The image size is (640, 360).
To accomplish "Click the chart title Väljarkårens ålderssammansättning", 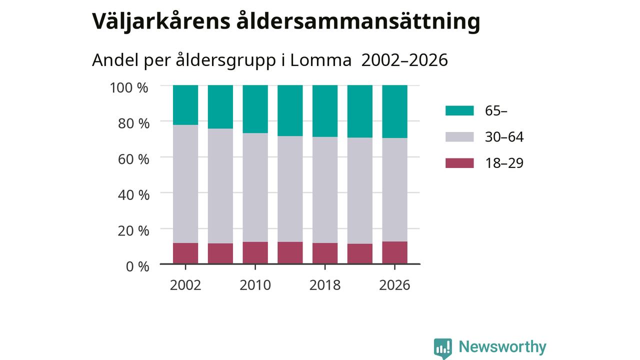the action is (286, 21).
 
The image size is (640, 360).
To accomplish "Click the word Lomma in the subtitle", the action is (320, 60).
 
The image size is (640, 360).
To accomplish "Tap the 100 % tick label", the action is (129, 87).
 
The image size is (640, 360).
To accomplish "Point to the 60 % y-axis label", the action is (133, 159).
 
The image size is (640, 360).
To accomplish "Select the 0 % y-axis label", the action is (137, 266).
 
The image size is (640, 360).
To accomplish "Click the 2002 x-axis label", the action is (185, 285).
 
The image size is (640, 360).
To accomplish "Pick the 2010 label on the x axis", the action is (255, 285).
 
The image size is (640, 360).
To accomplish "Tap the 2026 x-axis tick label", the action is (394, 285).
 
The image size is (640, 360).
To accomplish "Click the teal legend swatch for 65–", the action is (459, 110).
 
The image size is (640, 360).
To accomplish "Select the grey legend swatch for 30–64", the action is (459, 137).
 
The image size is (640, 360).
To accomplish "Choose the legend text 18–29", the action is (504, 163).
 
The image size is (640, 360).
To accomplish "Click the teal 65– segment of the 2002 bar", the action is (185, 105).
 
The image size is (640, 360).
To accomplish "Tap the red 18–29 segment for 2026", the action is (394, 252).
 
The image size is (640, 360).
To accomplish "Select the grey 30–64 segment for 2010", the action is (255, 187).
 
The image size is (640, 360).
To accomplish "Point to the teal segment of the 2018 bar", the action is (325, 111).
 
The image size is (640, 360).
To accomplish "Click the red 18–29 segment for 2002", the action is (185, 253).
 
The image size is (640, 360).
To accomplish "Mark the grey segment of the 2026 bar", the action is (394, 190).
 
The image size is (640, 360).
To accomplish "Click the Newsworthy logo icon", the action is (443, 348).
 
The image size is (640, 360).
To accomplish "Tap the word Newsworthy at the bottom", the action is (502, 347).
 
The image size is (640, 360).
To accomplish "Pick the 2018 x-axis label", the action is (325, 285).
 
